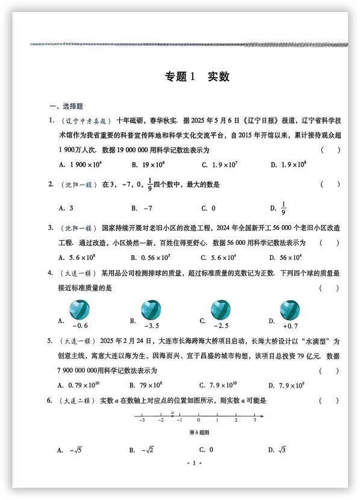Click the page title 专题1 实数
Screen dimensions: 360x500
pos(197,77)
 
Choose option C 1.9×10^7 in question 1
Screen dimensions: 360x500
pos(221,164)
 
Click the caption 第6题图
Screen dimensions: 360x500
pos(198,431)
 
